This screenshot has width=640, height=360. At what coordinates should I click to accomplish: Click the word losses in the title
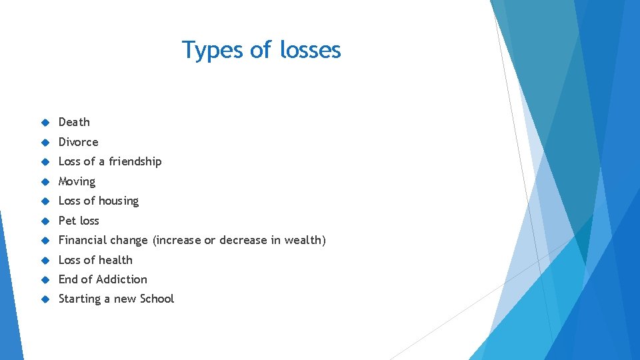pyautogui.click(x=311, y=50)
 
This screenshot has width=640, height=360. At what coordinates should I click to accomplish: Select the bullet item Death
pyautogui.click(x=74, y=122)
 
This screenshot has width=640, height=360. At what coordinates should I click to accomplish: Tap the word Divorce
pyautogui.click(x=78, y=142)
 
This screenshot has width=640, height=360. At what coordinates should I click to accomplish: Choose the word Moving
pyautogui.click(x=77, y=181)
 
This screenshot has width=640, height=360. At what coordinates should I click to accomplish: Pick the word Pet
pyautogui.click(x=67, y=221)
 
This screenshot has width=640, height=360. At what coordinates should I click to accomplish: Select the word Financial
pyautogui.click(x=82, y=240)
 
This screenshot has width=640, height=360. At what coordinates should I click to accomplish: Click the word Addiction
pyautogui.click(x=121, y=279)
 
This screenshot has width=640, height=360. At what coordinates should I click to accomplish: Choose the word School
pyautogui.click(x=157, y=299)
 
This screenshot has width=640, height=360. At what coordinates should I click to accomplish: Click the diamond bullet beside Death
pyautogui.click(x=45, y=123)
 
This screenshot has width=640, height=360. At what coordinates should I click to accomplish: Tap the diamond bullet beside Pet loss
pyautogui.click(x=45, y=221)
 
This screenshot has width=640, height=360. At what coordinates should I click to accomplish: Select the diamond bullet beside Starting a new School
pyautogui.click(x=45, y=299)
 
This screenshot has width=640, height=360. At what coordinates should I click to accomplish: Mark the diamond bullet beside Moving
pyautogui.click(x=45, y=181)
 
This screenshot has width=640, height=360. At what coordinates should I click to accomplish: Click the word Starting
pyautogui.click(x=79, y=299)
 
